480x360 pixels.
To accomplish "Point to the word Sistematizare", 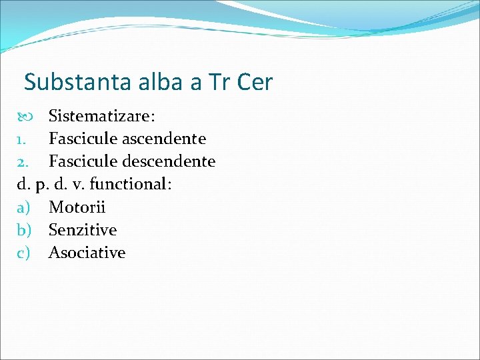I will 101,117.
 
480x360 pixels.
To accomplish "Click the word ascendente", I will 165,139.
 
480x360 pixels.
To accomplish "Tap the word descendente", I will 170,162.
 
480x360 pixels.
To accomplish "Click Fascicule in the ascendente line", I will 82,139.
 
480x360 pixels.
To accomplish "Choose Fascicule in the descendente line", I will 82,162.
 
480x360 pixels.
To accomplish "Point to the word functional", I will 130,184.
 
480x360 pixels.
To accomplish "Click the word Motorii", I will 77,207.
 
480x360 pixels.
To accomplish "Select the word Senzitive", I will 82,230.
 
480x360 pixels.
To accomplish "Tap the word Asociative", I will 87,253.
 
